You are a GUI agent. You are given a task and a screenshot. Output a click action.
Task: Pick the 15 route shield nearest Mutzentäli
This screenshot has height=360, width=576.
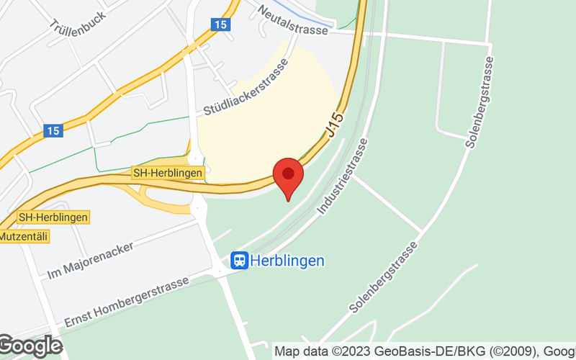click(52, 130)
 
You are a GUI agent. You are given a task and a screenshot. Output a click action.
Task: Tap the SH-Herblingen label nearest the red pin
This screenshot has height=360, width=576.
click(168, 174)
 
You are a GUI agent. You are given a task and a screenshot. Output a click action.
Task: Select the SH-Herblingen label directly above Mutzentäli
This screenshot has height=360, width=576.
click(53, 217)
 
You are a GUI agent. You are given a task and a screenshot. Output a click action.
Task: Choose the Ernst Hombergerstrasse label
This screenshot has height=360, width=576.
click(127, 301)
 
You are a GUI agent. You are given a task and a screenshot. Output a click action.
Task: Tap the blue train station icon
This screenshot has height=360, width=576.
click(239, 260)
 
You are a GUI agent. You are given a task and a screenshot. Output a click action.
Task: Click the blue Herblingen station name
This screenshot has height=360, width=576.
click(287, 261)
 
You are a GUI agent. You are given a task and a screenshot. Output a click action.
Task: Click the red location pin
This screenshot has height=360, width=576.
click(289, 176)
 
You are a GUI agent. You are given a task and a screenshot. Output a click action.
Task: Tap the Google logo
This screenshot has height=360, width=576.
click(30, 346)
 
